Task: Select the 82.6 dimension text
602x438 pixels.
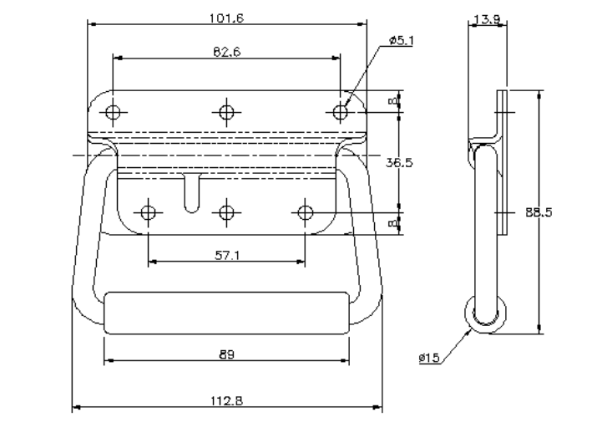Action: point(225,52)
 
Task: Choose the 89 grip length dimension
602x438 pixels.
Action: point(226,354)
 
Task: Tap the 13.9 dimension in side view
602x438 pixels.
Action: point(487,18)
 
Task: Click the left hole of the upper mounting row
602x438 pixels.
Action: point(114,111)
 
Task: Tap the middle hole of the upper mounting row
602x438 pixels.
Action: point(226,111)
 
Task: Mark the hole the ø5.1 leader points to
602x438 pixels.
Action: point(340,111)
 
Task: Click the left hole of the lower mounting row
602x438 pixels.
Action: point(148,212)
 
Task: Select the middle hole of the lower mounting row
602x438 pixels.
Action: point(226,212)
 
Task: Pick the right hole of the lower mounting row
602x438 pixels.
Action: point(305,212)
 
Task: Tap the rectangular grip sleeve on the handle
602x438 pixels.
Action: point(226,313)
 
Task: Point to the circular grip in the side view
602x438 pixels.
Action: point(485,315)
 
